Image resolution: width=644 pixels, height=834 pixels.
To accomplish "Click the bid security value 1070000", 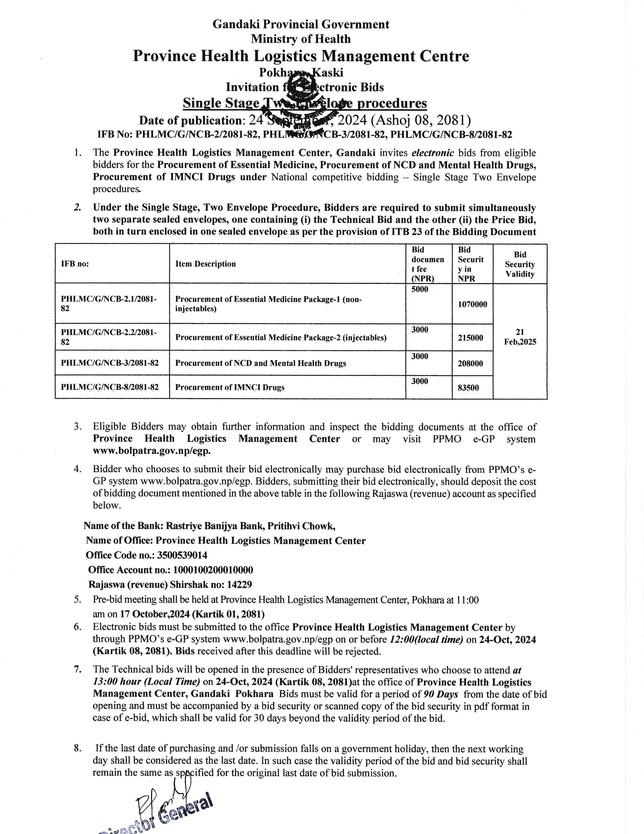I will click(x=472, y=304).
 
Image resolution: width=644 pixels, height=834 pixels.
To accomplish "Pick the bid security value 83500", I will click(x=468, y=388).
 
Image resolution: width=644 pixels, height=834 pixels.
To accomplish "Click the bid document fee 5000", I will click(x=420, y=289).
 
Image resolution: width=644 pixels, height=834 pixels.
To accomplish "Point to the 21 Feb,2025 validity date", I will click(x=520, y=337).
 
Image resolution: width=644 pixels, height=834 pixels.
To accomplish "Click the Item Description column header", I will click(x=205, y=264).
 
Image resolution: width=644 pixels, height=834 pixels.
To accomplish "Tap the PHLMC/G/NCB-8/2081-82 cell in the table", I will click(x=110, y=387).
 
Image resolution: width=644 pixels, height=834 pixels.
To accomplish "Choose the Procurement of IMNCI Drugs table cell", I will click(x=230, y=387).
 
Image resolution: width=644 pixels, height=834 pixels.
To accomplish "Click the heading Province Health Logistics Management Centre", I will click(x=301, y=56).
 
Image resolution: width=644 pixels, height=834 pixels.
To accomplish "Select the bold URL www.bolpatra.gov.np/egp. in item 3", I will click(x=152, y=451).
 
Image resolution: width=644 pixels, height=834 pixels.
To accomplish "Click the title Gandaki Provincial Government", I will click(x=301, y=25).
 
